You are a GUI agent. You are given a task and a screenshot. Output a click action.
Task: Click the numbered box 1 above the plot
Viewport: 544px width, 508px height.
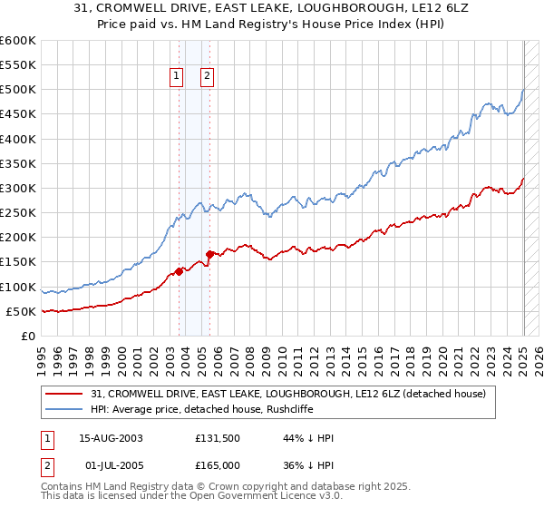tap(177, 76)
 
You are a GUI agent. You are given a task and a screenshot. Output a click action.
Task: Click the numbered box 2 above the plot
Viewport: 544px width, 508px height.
tap(208, 76)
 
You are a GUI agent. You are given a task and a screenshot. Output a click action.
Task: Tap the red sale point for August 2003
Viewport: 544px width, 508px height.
tap(179, 270)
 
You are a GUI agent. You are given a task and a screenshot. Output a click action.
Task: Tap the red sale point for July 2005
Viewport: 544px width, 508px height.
tap(209, 254)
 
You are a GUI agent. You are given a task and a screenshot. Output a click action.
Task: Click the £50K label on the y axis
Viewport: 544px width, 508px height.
tap(21, 312)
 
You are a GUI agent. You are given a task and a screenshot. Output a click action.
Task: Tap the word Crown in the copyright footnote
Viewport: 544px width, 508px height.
tap(228, 487)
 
